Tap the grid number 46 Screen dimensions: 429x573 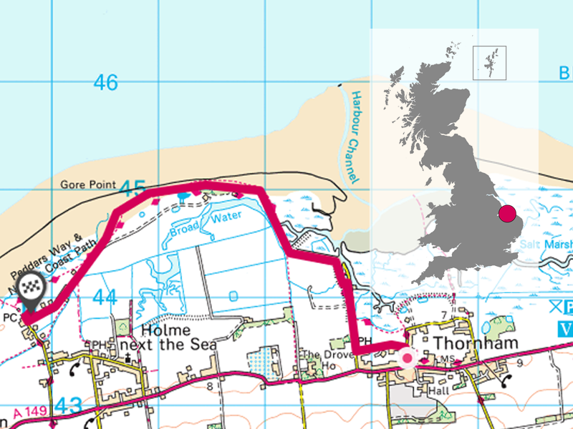coord(105,83)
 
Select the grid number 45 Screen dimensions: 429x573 coord(133,189)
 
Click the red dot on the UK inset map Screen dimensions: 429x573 coord(507,212)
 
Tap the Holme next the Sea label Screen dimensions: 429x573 coord(173,337)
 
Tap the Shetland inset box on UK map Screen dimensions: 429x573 coord(490,62)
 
